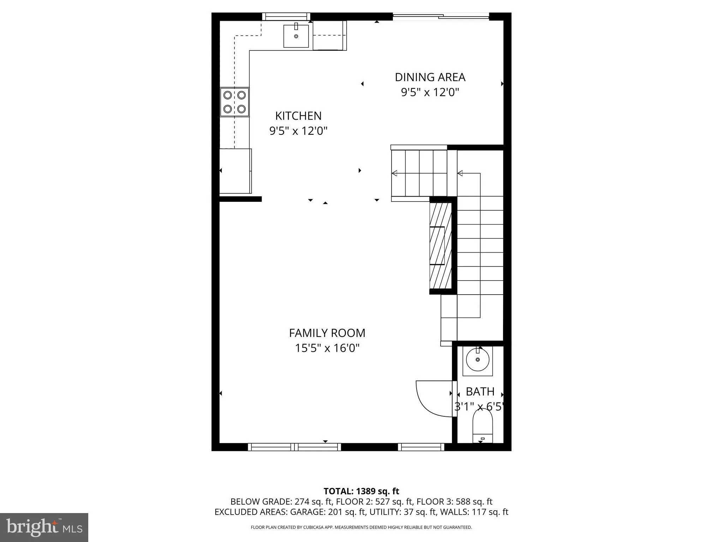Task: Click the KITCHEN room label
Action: pos(298,116)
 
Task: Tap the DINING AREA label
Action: pos(430,77)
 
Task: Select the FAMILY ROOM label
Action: pos(327,333)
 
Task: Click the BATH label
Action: pos(480,391)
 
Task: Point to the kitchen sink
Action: pos(296,36)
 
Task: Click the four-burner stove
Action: pos(234,102)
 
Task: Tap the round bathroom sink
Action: pos(477,360)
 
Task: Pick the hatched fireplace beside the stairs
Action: pos(441,245)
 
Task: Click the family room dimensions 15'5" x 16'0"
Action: pos(327,348)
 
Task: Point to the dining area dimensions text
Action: pos(430,92)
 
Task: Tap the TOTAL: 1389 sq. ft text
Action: pos(361,491)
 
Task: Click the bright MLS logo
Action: pos(44,527)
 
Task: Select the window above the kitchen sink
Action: pos(286,17)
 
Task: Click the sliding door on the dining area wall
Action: pos(441,16)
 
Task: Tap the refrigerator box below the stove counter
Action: pos(235,171)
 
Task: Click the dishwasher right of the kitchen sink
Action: pos(329,36)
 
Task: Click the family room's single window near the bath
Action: pos(421,447)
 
